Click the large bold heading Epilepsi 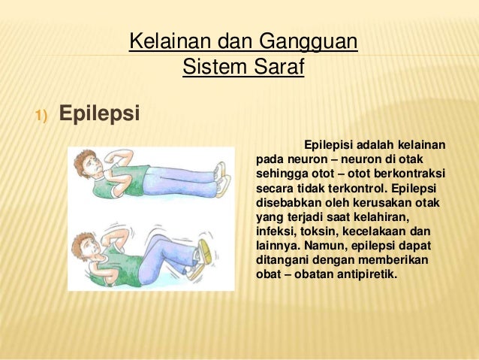pos(99,115)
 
